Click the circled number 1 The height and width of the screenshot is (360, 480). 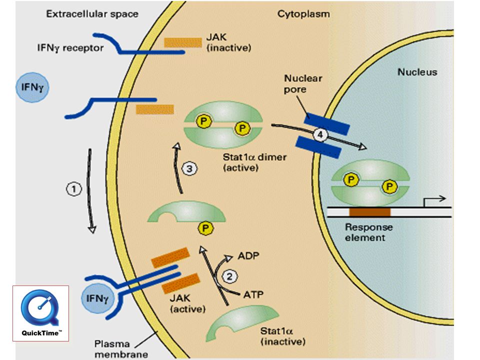click(x=74, y=189)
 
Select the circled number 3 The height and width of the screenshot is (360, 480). click(x=189, y=168)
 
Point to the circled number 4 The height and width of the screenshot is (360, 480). click(x=320, y=134)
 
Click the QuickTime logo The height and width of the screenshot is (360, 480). click(x=40, y=313)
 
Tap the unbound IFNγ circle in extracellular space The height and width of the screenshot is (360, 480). click(x=32, y=87)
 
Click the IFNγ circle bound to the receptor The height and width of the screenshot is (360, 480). click(x=97, y=298)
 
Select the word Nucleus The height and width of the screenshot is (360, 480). click(x=417, y=72)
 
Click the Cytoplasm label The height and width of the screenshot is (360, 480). click(x=303, y=14)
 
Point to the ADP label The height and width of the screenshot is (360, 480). click(x=248, y=255)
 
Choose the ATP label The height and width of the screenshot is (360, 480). click(x=253, y=294)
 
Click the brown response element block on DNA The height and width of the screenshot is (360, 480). click(x=370, y=212)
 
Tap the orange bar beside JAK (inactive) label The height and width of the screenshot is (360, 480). click(x=183, y=42)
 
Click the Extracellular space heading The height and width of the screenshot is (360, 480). click(x=92, y=14)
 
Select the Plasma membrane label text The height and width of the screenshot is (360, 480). click(x=121, y=349)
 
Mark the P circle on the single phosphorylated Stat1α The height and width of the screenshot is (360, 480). click(x=205, y=228)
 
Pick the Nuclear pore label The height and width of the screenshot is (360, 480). click(x=303, y=83)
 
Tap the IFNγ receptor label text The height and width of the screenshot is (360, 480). click(x=70, y=48)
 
